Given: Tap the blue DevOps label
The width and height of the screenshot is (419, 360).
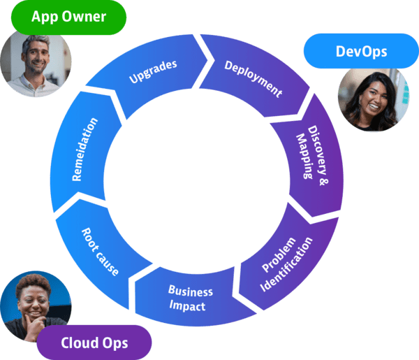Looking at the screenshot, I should (x=361, y=52).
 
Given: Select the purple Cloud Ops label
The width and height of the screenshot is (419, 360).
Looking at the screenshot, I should (x=94, y=343).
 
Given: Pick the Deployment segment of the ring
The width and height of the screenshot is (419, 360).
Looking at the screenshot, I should (x=253, y=78).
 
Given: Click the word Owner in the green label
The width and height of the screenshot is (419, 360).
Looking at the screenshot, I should (x=86, y=17).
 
